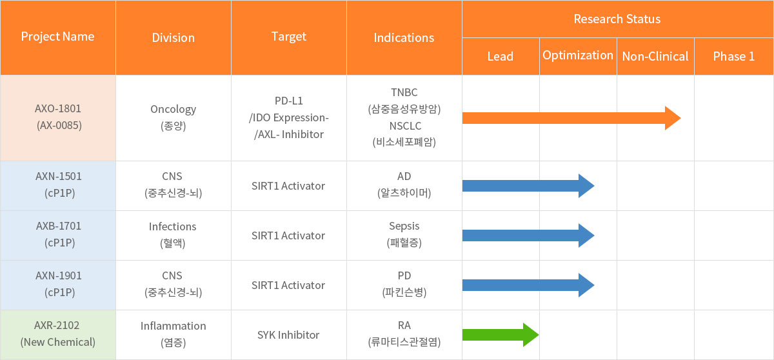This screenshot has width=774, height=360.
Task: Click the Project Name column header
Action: [x=57, y=37]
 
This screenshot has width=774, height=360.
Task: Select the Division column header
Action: [x=173, y=37]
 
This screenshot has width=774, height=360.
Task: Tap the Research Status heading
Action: [x=617, y=19]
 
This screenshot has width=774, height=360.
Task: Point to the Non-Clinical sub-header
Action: [x=655, y=56]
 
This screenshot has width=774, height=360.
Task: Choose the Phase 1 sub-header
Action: [x=733, y=56]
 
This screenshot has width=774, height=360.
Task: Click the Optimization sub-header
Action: [x=578, y=55]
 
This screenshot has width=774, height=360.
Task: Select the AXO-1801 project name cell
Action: [x=57, y=117]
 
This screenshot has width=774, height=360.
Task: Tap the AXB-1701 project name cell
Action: [x=57, y=235]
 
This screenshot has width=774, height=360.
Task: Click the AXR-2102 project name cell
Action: [x=57, y=334]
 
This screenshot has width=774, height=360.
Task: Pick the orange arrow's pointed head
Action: [x=680, y=118]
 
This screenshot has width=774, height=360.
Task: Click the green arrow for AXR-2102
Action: [x=501, y=335]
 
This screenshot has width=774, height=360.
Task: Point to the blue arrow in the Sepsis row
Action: [x=528, y=235]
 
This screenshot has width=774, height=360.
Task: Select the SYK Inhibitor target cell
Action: [x=288, y=335]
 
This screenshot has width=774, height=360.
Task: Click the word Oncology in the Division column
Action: [x=173, y=109]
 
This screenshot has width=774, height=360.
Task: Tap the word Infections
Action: [x=172, y=226]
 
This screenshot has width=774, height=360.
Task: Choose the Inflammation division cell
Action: [x=173, y=334]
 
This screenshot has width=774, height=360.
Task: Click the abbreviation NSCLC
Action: [x=405, y=126]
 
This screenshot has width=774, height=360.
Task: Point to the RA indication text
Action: [x=404, y=325]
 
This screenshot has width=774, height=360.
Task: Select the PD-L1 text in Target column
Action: [x=288, y=101]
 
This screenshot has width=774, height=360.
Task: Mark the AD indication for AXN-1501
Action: [x=404, y=176]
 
